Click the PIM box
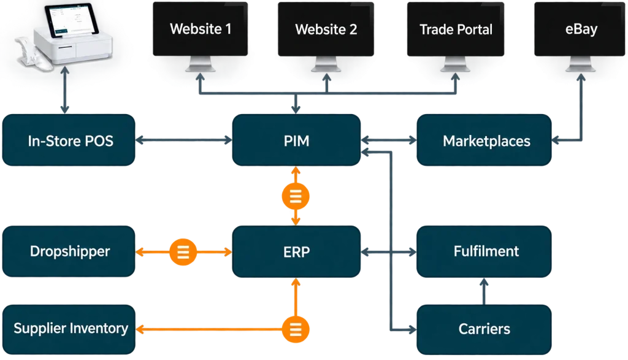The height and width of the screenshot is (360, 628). (296, 140)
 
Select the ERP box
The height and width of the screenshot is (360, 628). (296, 251)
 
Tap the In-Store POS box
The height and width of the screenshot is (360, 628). (69, 140)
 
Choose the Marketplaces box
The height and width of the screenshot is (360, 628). (484, 140)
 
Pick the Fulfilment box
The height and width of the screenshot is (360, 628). (484, 251)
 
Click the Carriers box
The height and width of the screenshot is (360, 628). (484, 329)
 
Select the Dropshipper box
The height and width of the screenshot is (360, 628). (69, 251)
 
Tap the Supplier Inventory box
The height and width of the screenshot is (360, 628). (69, 329)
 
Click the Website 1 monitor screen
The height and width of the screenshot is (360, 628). (201, 29)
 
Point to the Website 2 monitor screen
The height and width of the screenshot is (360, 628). (326, 29)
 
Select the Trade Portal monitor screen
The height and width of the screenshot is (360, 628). (456, 29)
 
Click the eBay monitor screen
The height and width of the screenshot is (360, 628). (580, 29)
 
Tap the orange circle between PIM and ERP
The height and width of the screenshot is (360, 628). (296, 196)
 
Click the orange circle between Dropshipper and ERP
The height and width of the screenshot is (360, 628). (183, 252)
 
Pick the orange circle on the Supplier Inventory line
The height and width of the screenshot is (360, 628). (296, 329)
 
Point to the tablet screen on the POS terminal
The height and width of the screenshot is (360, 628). (72, 20)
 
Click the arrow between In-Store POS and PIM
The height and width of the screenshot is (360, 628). (183, 140)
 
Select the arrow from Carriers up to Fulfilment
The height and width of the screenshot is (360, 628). (484, 291)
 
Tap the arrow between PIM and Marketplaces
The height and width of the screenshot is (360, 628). (388, 140)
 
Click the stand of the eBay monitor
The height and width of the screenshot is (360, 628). (580, 64)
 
